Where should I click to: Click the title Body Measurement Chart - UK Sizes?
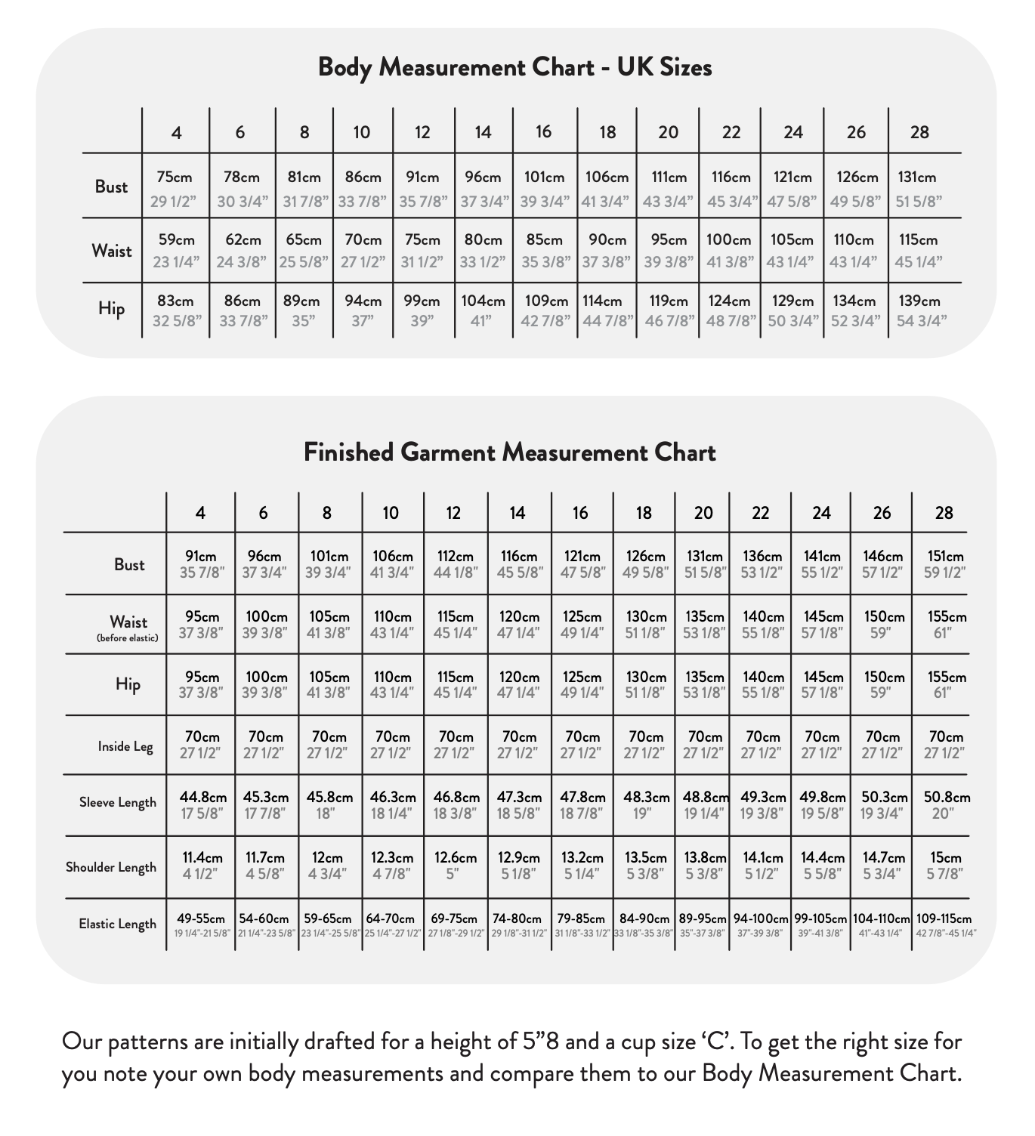click(x=514, y=67)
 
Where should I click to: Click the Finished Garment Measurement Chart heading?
click(x=510, y=452)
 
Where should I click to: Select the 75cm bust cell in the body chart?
click(x=175, y=188)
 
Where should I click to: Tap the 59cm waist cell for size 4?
click(x=176, y=250)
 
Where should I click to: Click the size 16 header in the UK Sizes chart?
click(x=544, y=132)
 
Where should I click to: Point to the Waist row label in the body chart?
click(x=112, y=251)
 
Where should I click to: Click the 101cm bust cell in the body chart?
click(x=544, y=188)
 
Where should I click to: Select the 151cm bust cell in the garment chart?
click(x=944, y=564)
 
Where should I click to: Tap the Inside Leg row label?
click(x=125, y=747)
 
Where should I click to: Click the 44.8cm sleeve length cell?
click(x=202, y=804)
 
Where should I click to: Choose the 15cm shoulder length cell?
click(x=944, y=866)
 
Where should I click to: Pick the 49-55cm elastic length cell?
click(x=201, y=925)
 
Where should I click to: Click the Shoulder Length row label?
click(x=111, y=867)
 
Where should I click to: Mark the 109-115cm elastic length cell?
click(x=944, y=925)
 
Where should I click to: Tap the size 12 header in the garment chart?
click(x=453, y=513)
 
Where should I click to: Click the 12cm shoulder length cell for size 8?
click(x=327, y=866)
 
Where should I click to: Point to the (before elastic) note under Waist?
click(x=128, y=638)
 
